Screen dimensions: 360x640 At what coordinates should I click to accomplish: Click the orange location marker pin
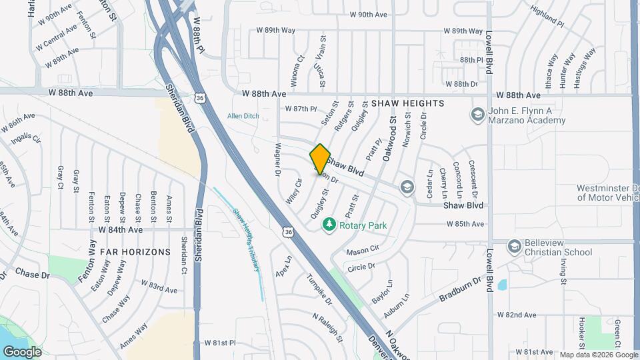tap(320, 159)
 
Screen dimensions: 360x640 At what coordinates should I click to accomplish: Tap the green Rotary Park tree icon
tap(328, 225)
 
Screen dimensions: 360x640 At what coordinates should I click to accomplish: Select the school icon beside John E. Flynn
tap(477, 115)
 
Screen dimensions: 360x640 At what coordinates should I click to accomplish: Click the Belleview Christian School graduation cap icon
tap(514, 247)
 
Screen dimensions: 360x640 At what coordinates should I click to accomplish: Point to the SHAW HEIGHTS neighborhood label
tap(407, 103)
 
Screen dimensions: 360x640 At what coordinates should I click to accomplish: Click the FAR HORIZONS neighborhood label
tap(135, 252)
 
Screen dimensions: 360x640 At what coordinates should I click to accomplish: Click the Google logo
tap(22, 351)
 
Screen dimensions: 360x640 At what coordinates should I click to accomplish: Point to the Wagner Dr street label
tap(277, 163)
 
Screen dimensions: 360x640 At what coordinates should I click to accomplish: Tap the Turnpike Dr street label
tap(319, 289)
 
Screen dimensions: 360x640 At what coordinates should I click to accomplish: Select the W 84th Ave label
tap(121, 229)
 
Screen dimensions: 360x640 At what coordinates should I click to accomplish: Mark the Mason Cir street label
tap(362, 251)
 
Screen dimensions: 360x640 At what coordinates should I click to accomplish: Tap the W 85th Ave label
tap(465, 224)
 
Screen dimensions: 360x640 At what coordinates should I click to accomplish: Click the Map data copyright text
tap(598, 355)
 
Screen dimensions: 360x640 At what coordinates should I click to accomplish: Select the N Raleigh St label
tap(327, 325)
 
